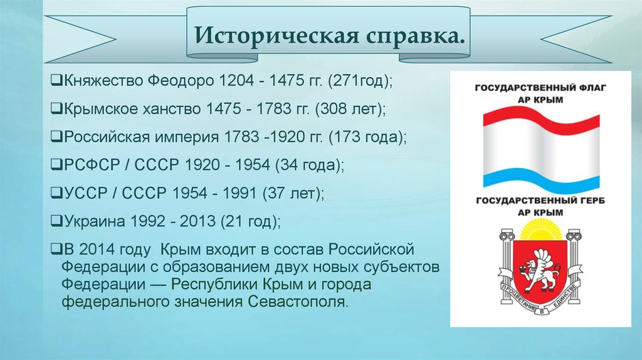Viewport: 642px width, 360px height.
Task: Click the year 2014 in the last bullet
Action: click(99, 248)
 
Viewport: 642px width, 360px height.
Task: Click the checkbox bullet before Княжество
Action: click(55, 82)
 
